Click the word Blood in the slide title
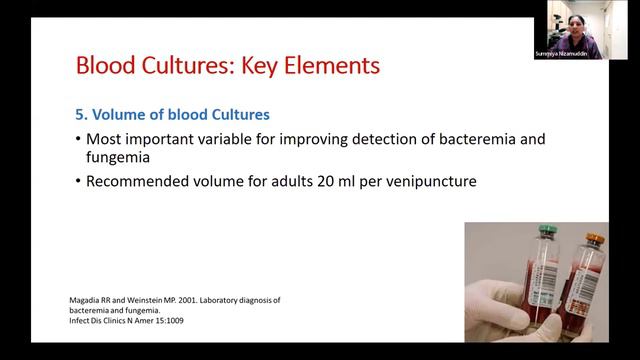(108, 66)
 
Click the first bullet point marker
(78, 140)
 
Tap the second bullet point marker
(78, 183)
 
